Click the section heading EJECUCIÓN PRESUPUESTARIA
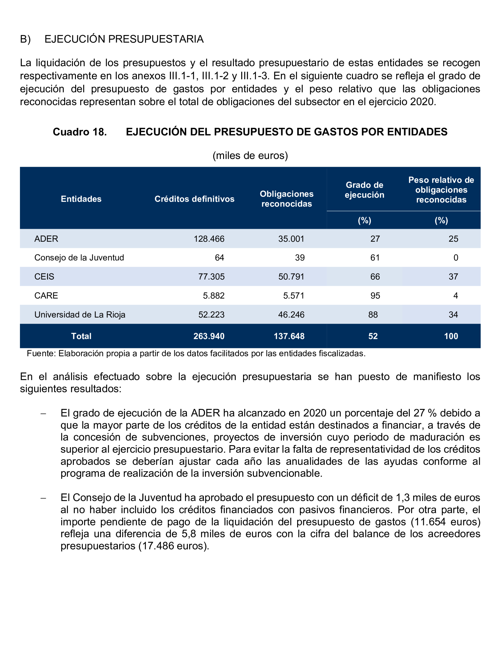coord(124,39)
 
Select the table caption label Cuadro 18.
coord(80,132)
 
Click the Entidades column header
coord(81,199)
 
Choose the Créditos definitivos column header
coord(194,199)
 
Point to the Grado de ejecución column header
coord(364,190)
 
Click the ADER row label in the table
coord(46,239)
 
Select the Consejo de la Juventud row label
coord(79,258)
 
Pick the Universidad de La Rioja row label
coord(80,314)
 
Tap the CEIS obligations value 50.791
coord(291,276)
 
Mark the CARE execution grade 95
coord(375,296)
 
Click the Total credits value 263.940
coord(209,336)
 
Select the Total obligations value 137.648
coord(289,336)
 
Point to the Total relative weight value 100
coord(451,336)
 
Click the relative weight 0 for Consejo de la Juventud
coord(456,258)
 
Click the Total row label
coord(81,336)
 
